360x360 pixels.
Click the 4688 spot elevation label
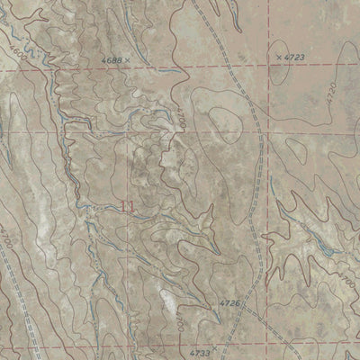112,59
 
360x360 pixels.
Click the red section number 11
128,206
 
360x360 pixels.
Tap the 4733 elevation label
203,343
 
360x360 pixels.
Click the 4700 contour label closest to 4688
177,115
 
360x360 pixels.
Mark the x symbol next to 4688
128,59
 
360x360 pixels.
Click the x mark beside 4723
278,56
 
